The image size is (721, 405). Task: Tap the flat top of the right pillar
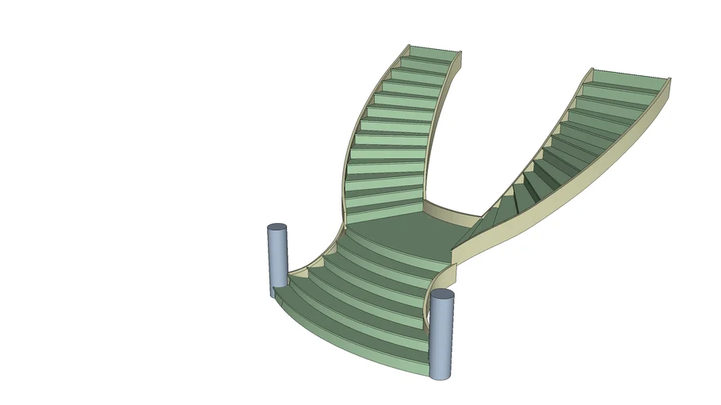click(x=442, y=294)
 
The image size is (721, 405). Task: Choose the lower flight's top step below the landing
click(x=396, y=247)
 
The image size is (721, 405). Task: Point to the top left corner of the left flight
click(x=410, y=46)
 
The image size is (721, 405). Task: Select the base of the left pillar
click(x=277, y=284)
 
